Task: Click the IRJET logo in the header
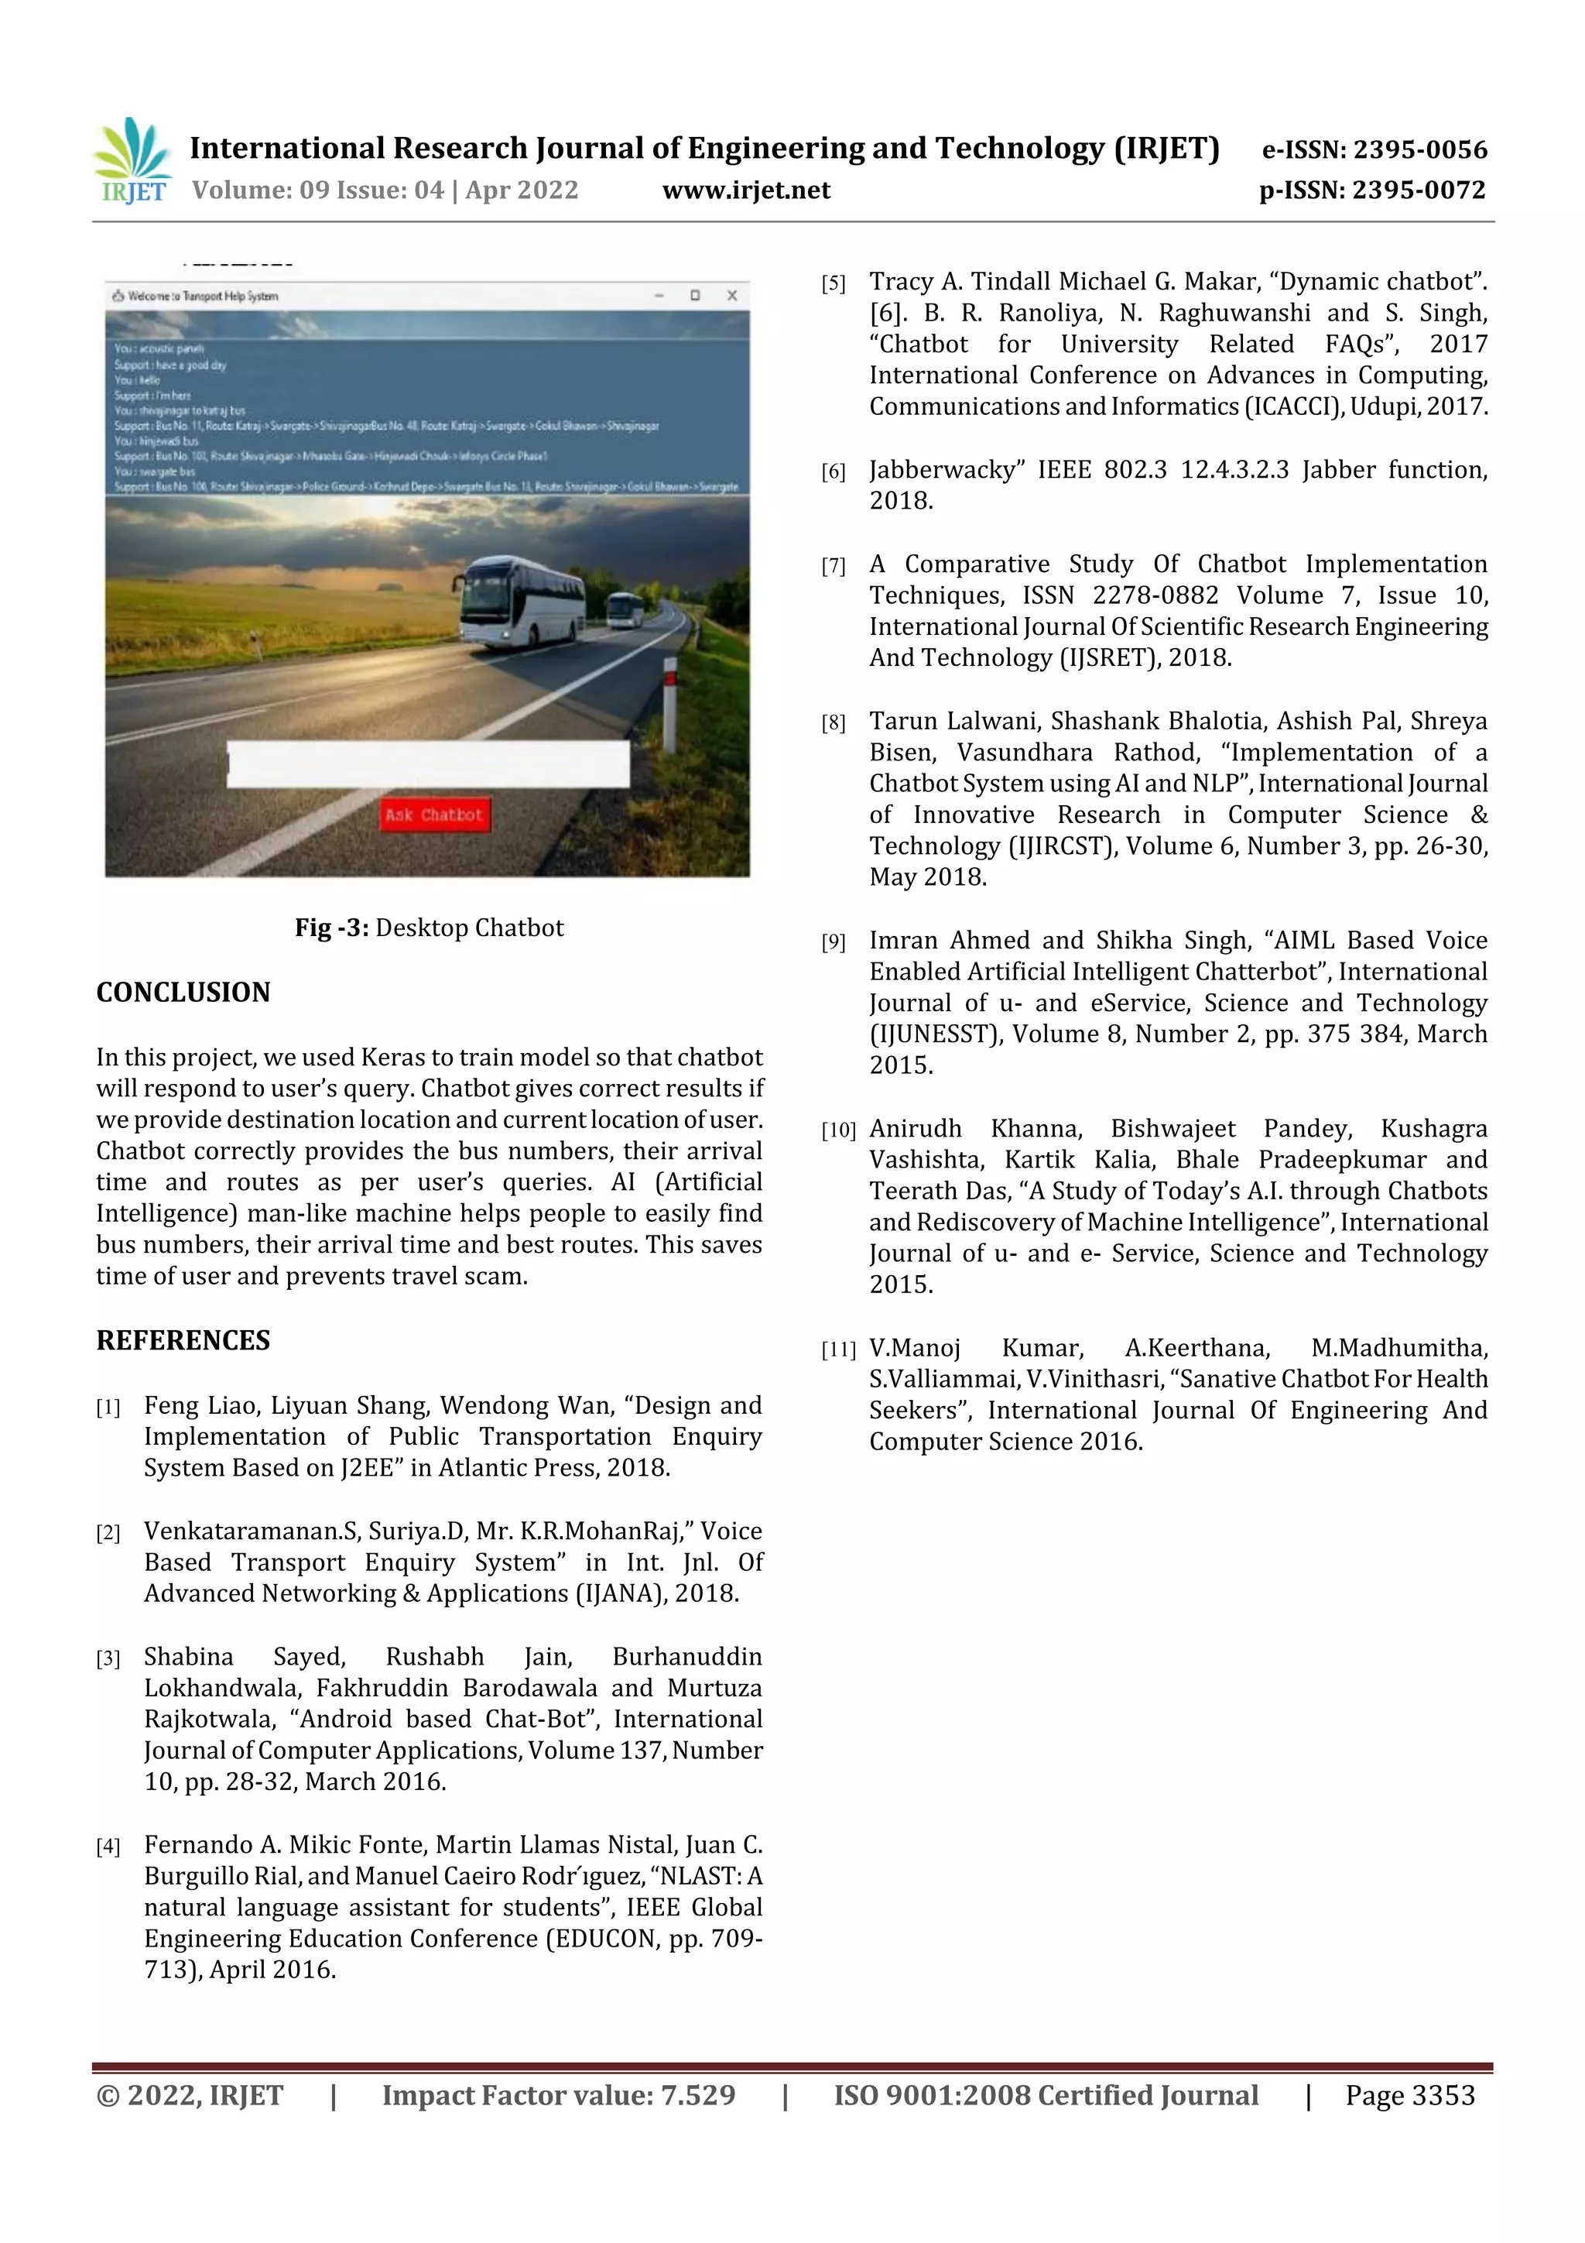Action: pyautogui.click(x=133, y=161)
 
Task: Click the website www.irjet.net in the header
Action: pyautogui.click(x=746, y=190)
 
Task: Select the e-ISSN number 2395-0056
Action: pyautogui.click(x=1419, y=149)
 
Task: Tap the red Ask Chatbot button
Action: pyautogui.click(x=435, y=815)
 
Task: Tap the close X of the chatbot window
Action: pyautogui.click(x=731, y=295)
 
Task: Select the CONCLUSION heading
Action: pyautogui.click(x=183, y=993)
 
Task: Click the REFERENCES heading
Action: pyautogui.click(x=183, y=1340)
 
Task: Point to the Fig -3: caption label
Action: pyautogui.click(x=332, y=928)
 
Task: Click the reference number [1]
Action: pyautogui.click(x=108, y=1408)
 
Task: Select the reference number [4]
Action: pyautogui.click(x=108, y=1847)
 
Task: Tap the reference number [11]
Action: pyautogui.click(x=838, y=1350)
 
